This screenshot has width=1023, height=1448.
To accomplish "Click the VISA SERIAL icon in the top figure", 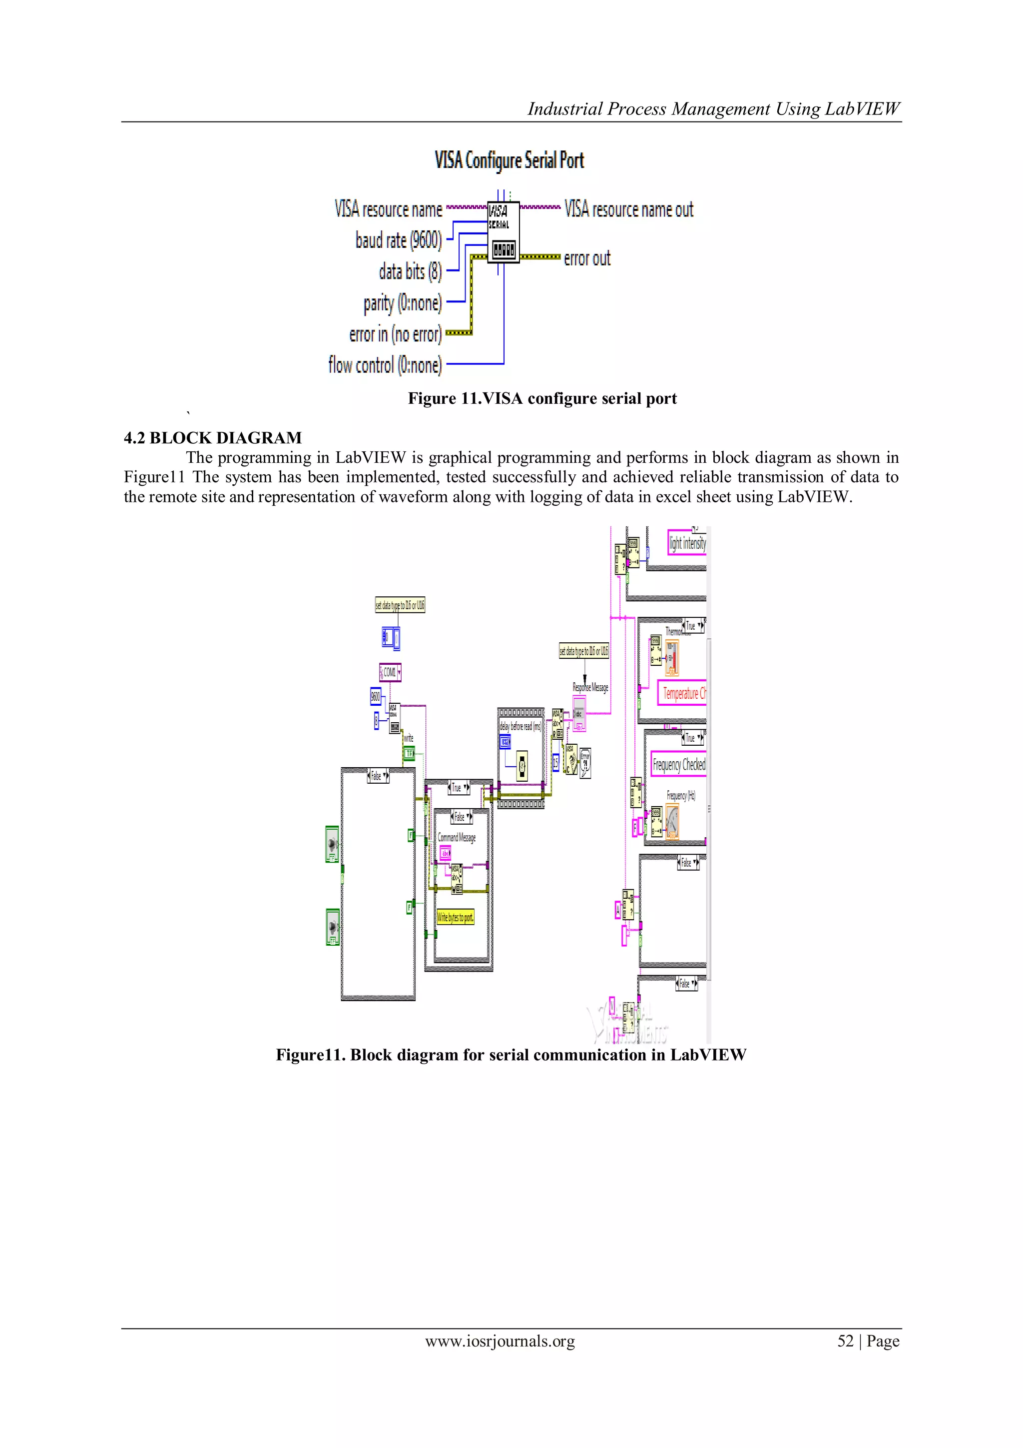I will pyautogui.click(x=503, y=231).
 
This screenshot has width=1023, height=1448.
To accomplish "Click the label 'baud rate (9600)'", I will pyautogui.click(x=398, y=240).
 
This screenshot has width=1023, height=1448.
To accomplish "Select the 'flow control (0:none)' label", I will pyautogui.click(x=385, y=364).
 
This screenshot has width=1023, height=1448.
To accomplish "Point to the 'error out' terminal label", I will pyautogui.click(x=587, y=258).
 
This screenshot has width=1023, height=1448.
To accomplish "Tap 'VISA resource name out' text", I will pyautogui.click(x=628, y=209).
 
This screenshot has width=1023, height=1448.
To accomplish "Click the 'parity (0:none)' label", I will pyautogui.click(x=403, y=303).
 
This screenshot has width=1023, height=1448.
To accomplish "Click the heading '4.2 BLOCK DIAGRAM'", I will pyautogui.click(x=212, y=438).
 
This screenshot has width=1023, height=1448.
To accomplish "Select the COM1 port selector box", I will pyautogui.click(x=390, y=672).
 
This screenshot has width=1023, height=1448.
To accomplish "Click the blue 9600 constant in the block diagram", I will pyautogui.click(x=375, y=696).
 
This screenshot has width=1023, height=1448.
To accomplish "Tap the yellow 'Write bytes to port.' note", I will pyautogui.click(x=455, y=918).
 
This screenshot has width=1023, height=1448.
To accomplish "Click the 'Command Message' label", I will pyautogui.click(x=457, y=838).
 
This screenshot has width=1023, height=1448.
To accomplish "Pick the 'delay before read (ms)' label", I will pyautogui.click(x=520, y=727).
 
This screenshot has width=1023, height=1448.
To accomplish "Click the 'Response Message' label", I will pyautogui.click(x=590, y=687).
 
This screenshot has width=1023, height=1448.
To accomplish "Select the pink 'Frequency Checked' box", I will pyautogui.click(x=679, y=764).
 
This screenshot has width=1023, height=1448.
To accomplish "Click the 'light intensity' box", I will pyautogui.click(x=687, y=543).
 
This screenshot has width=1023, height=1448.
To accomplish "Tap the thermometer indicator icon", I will pyautogui.click(x=671, y=657).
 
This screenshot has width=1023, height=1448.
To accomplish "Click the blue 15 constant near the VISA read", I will pyautogui.click(x=555, y=763).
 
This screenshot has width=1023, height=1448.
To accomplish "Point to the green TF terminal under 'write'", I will pyautogui.click(x=409, y=754).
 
